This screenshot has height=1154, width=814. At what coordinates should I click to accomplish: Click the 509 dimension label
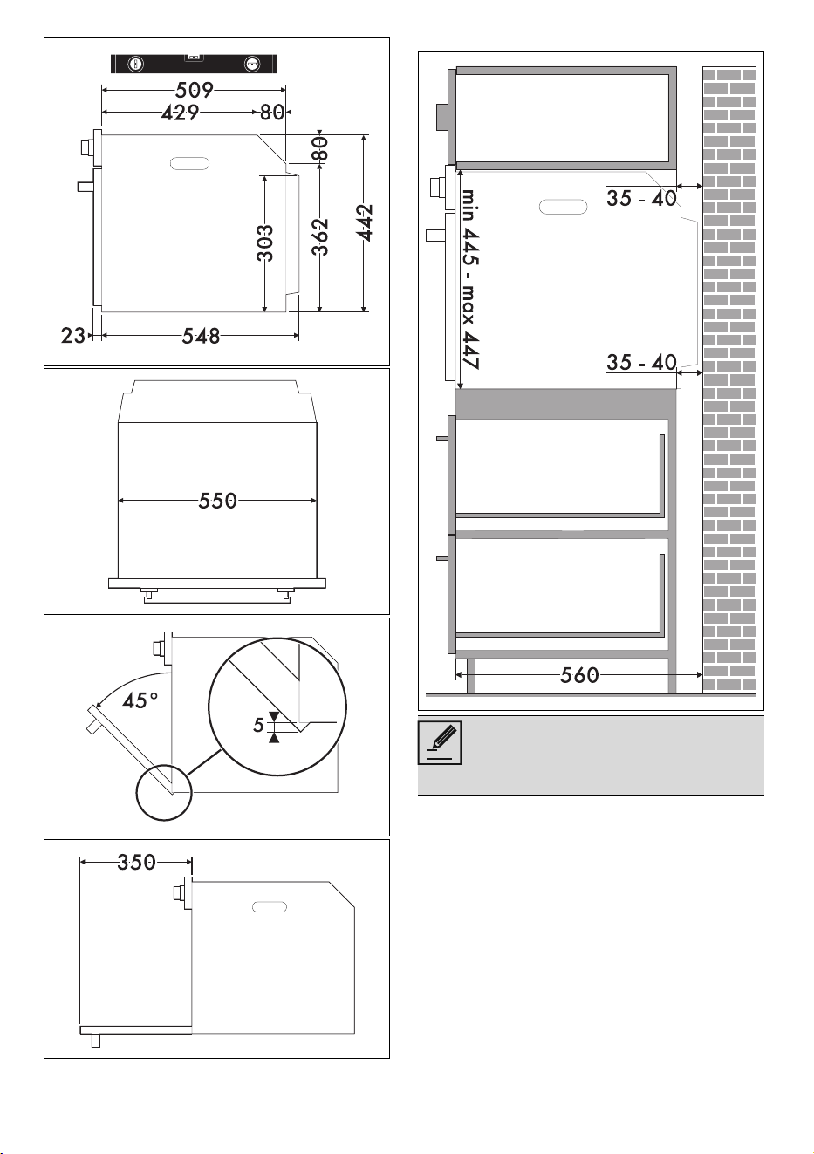(x=195, y=90)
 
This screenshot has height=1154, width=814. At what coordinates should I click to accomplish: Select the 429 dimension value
(x=180, y=113)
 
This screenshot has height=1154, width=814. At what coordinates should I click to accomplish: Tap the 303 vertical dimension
(x=265, y=243)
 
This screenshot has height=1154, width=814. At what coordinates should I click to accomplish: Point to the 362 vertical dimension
(x=320, y=237)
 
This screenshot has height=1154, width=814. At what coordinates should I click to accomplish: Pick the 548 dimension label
(x=201, y=337)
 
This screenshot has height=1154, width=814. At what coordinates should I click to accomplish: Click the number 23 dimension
(x=72, y=336)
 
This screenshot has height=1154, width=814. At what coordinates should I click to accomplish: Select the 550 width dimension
(x=218, y=501)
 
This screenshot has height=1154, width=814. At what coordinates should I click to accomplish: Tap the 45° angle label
(x=140, y=700)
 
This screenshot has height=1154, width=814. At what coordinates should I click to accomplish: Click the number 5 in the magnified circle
(x=258, y=726)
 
